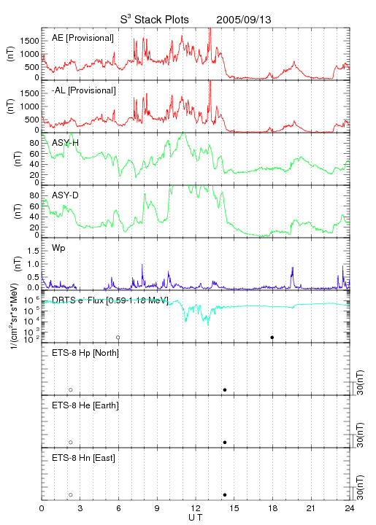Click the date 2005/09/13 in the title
[244, 20]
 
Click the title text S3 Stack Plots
[155, 20]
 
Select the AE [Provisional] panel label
[83, 38]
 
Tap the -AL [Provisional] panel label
[84, 90]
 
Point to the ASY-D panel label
[66, 195]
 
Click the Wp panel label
[58, 248]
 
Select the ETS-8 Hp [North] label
[85, 353]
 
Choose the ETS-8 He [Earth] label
[85, 405]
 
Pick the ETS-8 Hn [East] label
[83, 458]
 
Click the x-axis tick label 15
[234, 508]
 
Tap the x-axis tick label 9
[157, 508]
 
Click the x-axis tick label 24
[350, 508]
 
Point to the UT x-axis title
[196, 518]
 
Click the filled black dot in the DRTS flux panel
[272, 338]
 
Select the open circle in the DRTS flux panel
[118, 338]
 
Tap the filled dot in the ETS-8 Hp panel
[225, 389]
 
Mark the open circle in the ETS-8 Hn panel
[71, 495]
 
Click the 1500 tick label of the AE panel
[29, 41]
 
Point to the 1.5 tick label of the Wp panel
[33, 251]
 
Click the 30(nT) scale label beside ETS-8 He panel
[360, 435]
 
